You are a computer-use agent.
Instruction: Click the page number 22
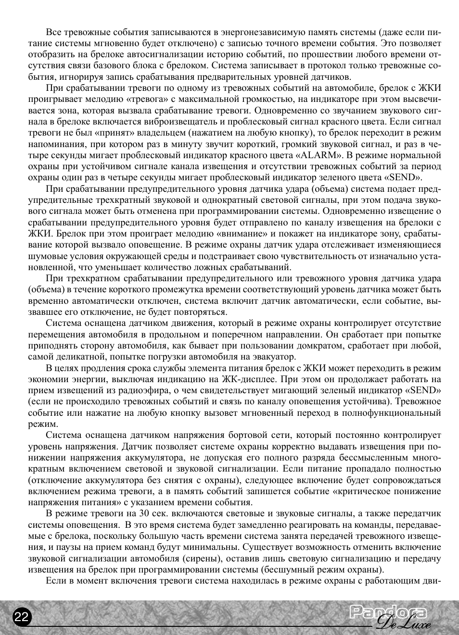click(x=21, y=617)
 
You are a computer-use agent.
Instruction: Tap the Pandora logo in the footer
click(x=388, y=612)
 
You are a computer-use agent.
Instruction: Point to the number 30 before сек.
click(x=144, y=513)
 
